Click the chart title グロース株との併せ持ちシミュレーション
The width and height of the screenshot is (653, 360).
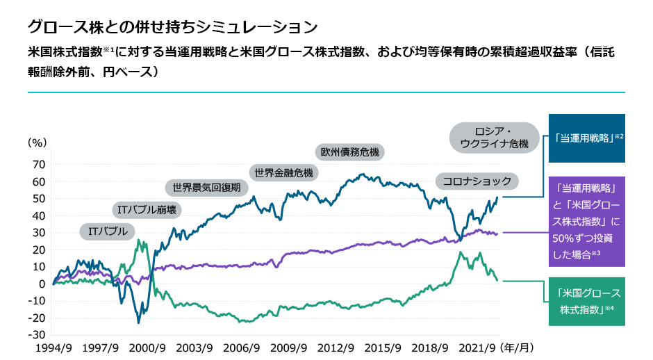[x=172, y=27]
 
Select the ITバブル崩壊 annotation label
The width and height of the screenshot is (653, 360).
[x=147, y=209]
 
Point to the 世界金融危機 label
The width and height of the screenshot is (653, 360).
[x=283, y=172]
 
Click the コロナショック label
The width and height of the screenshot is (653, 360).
[x=477, y=182]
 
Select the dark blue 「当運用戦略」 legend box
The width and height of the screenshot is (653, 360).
[x=587, y=138]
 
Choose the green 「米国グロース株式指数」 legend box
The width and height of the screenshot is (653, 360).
[x=587, y=300]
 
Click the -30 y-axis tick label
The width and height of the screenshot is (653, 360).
[x=36, y=335]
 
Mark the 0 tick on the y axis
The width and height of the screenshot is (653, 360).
[x=41, y=284]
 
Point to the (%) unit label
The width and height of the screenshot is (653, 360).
[x=37, y=143]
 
